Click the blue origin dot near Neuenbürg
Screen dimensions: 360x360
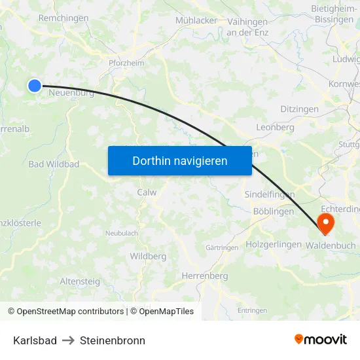(35, 85)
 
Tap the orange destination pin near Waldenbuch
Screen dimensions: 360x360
(325, 224)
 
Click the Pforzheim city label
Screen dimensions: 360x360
(126, 63)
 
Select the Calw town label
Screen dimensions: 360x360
(147, 192)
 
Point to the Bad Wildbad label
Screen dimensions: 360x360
(54, 164)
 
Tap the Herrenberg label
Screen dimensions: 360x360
(205, 276)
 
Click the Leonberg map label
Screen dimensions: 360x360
(276, 128)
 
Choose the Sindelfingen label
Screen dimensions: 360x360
(269, 194)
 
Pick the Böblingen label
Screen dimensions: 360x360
(273, 211)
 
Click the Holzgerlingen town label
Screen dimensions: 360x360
(274, 244)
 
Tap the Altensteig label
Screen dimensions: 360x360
(80, 281)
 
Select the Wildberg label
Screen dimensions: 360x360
(148, 256)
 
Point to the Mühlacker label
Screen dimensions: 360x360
(196, 20)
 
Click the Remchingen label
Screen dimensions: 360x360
(63, 18)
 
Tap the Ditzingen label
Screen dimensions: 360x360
(299, 109)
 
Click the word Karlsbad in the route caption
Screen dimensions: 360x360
(35, 340)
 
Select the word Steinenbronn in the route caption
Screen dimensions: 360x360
(113, 340)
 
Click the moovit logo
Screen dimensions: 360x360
(321, 339)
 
